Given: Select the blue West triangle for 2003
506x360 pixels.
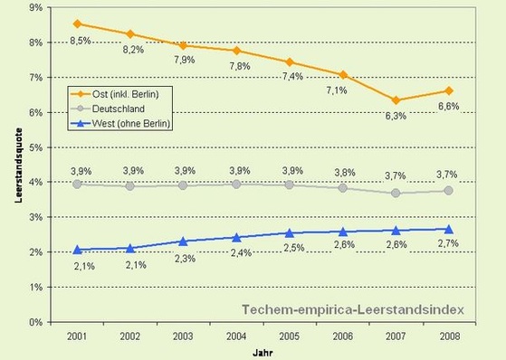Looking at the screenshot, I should pyautogui.click(x=183, y=242).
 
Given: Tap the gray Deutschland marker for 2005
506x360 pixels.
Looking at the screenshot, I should pyautogui.click(x=289, y=185).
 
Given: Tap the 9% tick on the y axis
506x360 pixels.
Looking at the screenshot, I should pyautogui.click(x=39, y=7).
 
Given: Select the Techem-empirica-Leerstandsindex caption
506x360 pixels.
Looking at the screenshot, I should pyautogui.click(x=353, y=309).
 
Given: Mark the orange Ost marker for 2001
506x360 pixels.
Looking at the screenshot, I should pyautogui.click(x=78, y=24).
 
